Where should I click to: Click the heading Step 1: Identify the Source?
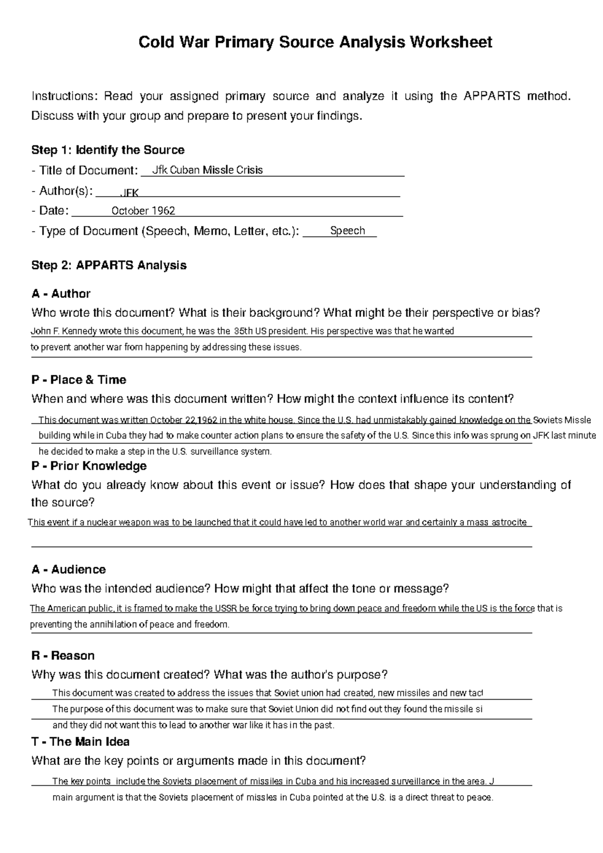108,150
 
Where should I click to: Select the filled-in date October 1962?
143,211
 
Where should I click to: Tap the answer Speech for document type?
347,231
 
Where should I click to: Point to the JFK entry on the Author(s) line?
130,193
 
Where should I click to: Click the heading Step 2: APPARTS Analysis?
109,265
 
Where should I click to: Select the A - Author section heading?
61,294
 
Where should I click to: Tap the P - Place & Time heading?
78,380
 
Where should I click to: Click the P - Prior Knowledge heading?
88,466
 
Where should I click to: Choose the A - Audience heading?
68,569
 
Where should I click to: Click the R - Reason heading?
63,655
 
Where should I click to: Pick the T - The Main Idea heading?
80,742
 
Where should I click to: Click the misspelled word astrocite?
509,522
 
